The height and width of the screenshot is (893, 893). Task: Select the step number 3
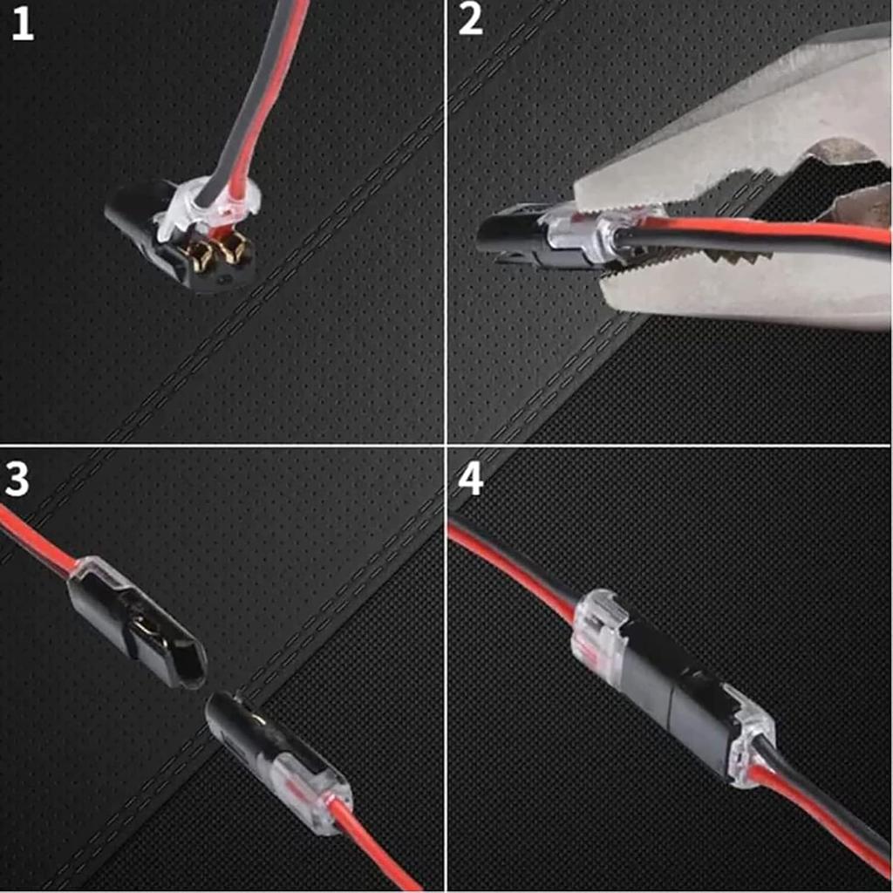coord(17,481)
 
